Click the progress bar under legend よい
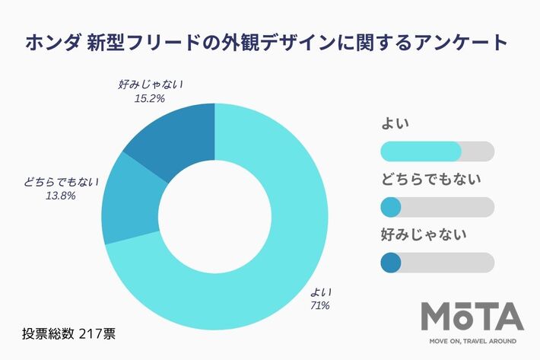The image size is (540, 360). click(x=436, y=151)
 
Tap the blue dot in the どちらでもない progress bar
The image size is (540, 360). click(x=389, y=207)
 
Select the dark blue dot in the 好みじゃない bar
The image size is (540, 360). click(x=389, y=263)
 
